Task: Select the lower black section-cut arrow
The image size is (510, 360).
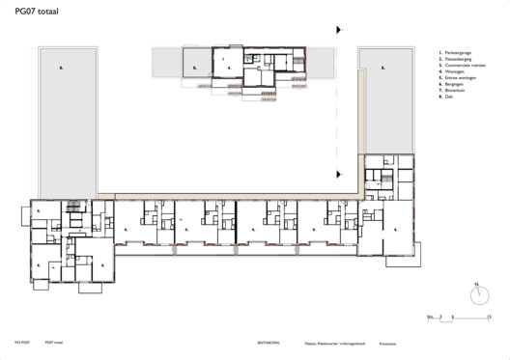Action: pos(337,174)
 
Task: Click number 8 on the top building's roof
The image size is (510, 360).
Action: pos(193,68)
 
